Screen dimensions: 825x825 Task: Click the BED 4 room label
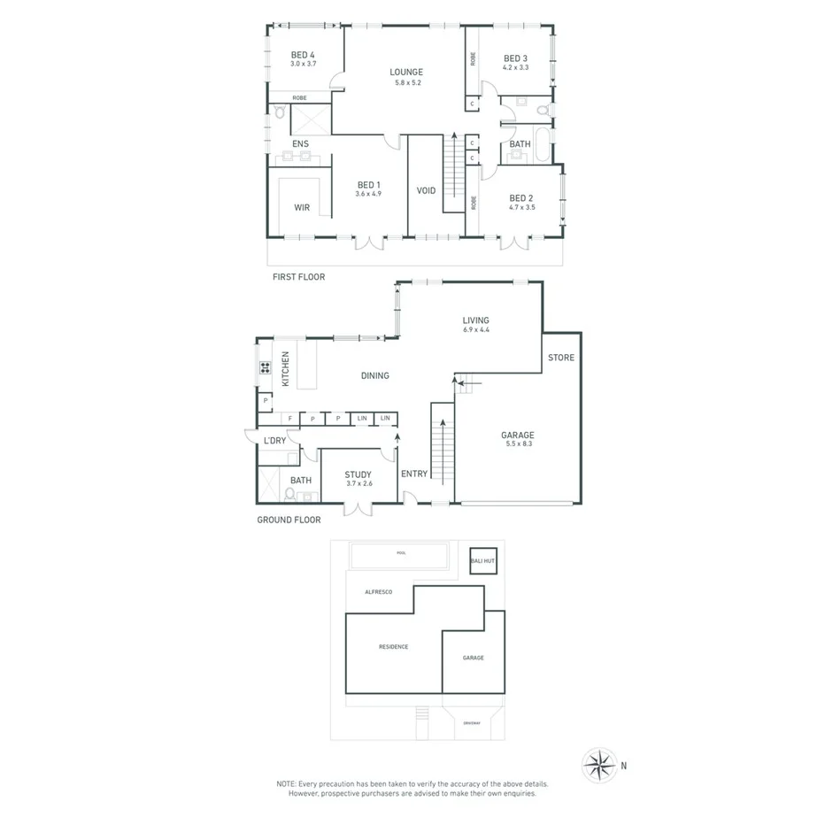(x=303, y=55)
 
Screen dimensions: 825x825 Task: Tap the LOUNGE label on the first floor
(x=407, y=73)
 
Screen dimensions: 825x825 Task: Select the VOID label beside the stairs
(x=426, y=190)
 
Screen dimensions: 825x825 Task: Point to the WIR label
(x=302, y=207)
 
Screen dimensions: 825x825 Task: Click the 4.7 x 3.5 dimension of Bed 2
(x=520, y=207)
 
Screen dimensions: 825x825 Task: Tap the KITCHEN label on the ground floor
(x=286, y=368)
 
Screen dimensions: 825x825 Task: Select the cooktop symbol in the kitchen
(x=264, y=367)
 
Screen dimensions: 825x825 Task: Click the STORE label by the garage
(x=561, y=358)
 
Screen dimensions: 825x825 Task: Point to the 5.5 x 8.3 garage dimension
(x=518, y=445)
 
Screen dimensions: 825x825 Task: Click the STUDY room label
(x=359, y=475)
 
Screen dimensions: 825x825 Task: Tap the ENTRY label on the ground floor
(x=414, y=474)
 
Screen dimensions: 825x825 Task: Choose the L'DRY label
(x=274, y=441)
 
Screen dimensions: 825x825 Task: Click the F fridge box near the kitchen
(x=289, y=419)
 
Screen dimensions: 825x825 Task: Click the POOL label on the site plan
(x=401, y=552)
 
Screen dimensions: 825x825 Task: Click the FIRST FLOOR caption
(x=298, y=277)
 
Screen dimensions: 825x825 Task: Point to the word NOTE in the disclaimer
(x=287, y=784)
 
